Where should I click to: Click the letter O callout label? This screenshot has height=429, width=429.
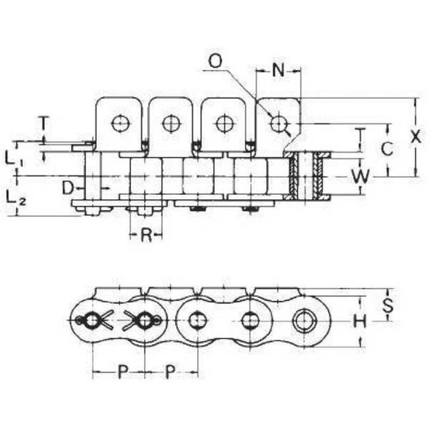(x=214, y=60)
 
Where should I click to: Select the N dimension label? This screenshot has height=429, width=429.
(x=278, y=70)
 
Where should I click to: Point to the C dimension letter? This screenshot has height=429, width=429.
(x=388, y=149)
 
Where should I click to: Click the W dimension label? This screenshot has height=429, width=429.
(x=358, y=176)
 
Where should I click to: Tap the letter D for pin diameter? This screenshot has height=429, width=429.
(x=66, y=188)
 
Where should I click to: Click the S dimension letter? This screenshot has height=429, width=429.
(x=388, y=306)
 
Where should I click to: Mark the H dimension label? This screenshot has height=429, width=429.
(x=358, y=321)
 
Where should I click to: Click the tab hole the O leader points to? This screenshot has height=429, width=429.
(x=277, y=124)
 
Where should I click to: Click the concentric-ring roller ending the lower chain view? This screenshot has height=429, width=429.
(x=302, y=320)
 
